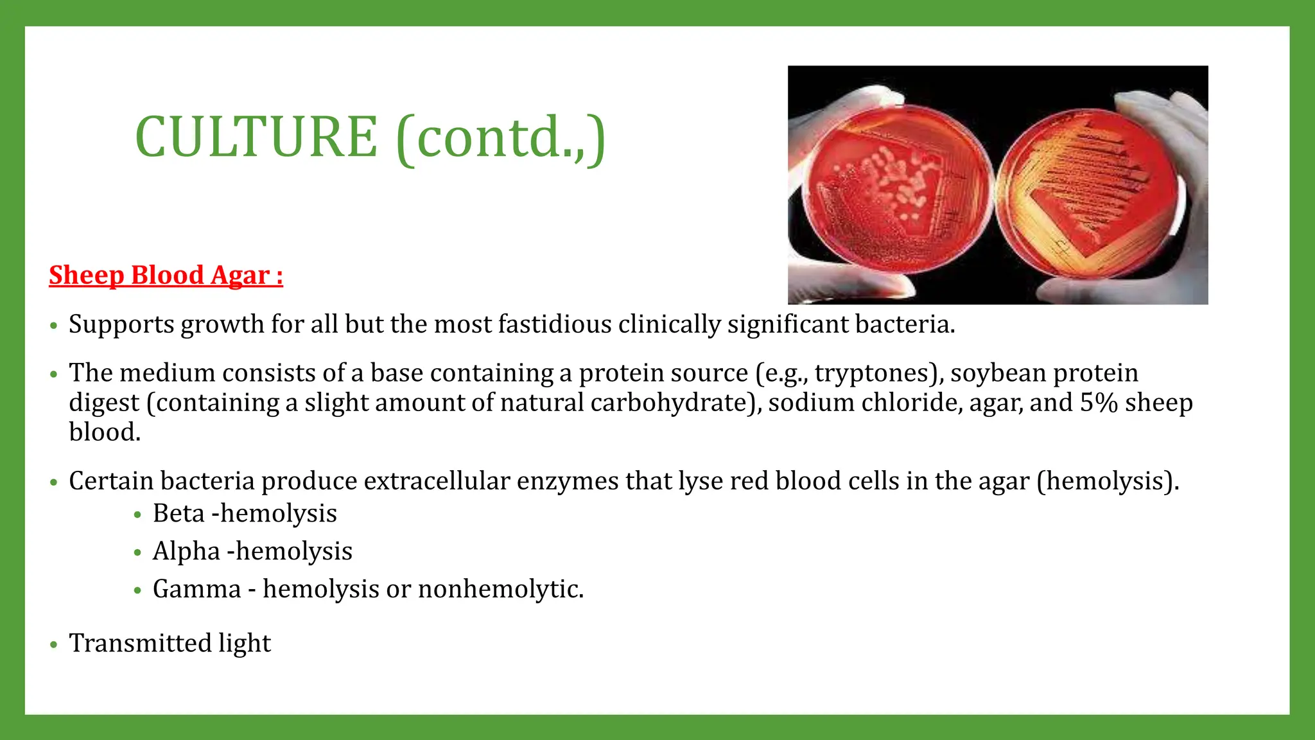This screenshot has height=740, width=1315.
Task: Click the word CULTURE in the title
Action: coord(256,137)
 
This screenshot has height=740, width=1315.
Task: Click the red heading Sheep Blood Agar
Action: coord(166,275)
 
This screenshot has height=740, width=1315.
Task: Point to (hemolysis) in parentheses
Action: coord(1108,481)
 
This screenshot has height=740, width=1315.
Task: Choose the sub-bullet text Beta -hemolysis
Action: coord(245,514)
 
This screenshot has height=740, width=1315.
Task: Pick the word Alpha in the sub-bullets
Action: coord(186,551)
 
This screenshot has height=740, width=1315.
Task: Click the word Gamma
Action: coord(196,589)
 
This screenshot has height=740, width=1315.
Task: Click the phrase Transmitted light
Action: coord(170,643)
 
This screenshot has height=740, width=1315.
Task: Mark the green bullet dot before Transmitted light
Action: coord(54,644)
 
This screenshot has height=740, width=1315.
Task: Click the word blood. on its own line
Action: coord(105,432)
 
